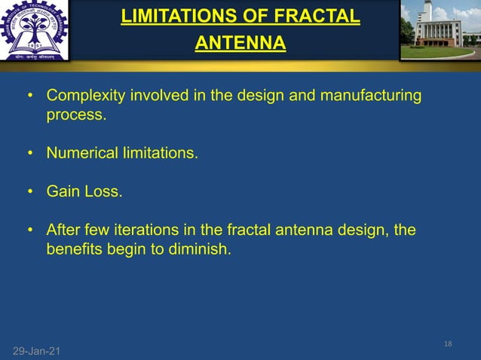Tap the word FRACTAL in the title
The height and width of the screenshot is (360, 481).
(318, 16)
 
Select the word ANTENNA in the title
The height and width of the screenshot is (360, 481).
(240, 44)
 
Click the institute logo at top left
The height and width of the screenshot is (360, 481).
(34, 31)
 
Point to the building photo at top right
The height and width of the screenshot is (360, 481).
(440, 30)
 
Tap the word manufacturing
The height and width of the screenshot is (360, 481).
(370, 97)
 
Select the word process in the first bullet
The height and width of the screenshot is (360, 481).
(74, 116)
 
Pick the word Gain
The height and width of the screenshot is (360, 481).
(63, 191)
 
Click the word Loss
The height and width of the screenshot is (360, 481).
(103, 191)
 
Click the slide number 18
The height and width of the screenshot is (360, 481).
(449, 343)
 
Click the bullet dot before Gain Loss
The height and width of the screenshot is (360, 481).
(30, 192)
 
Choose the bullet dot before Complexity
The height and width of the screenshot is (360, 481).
(30, 98)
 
